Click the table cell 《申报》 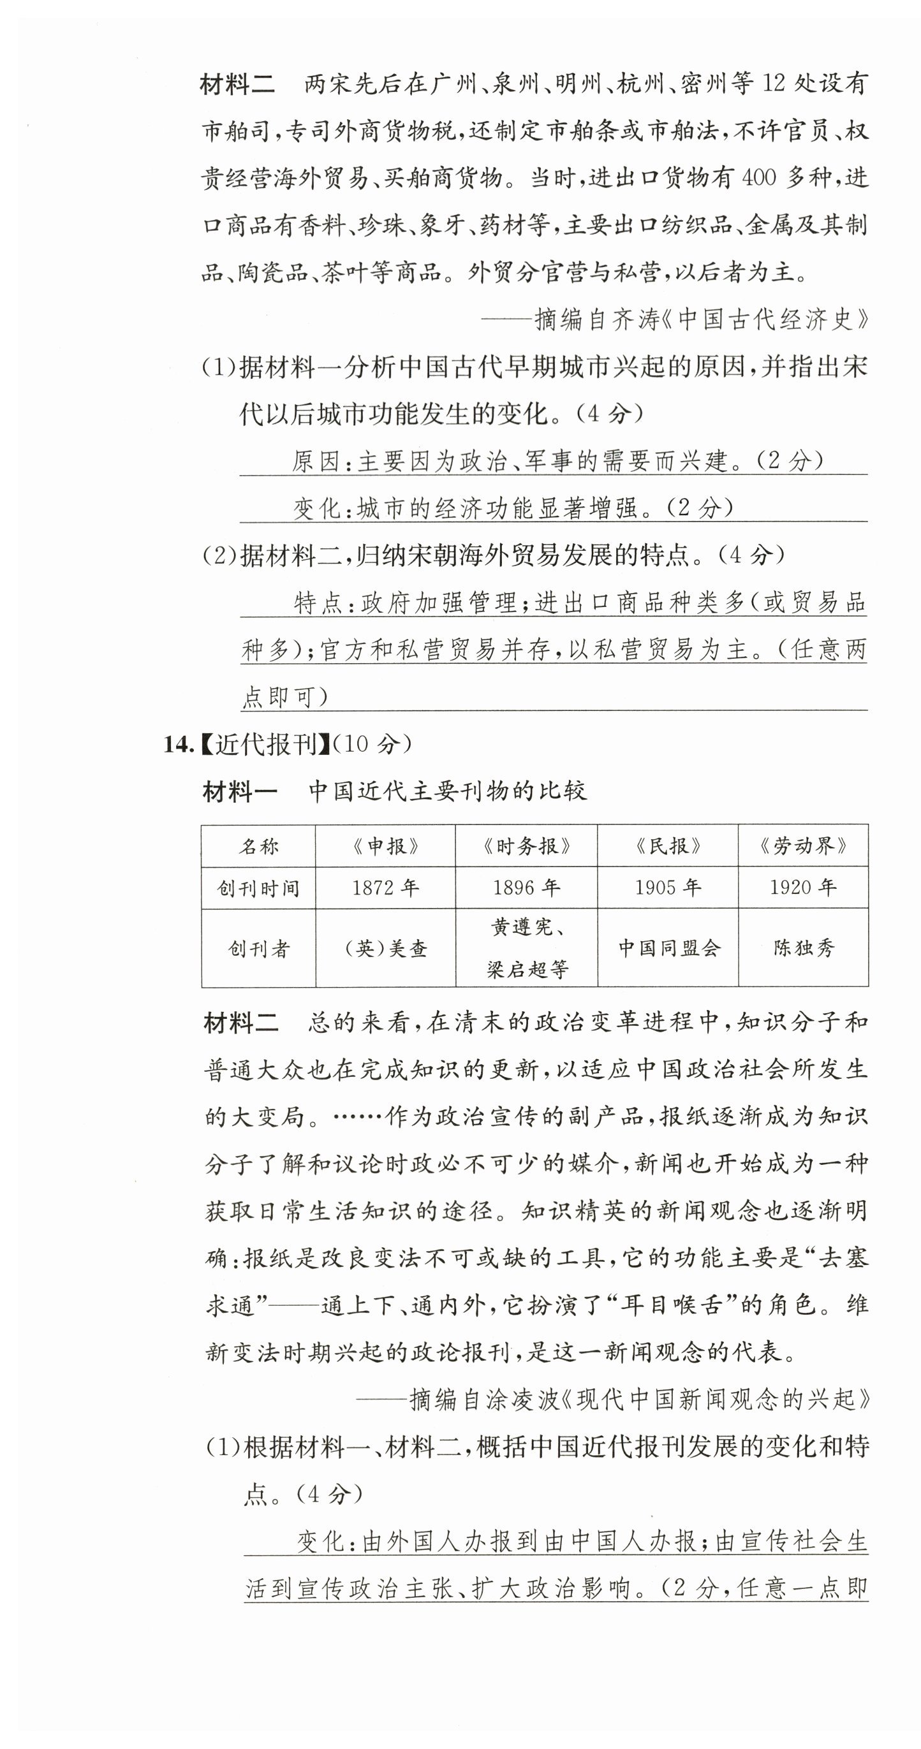[x=385, y=845]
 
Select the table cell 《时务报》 [x=526, y=845]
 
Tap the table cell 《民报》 [x=668, y=845]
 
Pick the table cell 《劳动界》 [x=803, y=845]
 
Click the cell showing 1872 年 [x=385, y=888]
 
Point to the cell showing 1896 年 [x=526, y=888]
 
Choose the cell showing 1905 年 [x=668, y=888]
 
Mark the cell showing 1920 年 [x=803, y=888]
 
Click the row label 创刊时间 [x=258, y=888]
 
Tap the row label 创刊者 [x=258, y=949]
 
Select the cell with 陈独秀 [x=803, y=948]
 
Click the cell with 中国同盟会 [x=668, y=948]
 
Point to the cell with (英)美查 [x=385, y=949]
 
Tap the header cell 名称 [x=258, y=846]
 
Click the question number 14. [x=178, y=745]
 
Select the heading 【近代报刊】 [x=265, y=745]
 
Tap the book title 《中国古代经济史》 [x=763, y=319]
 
